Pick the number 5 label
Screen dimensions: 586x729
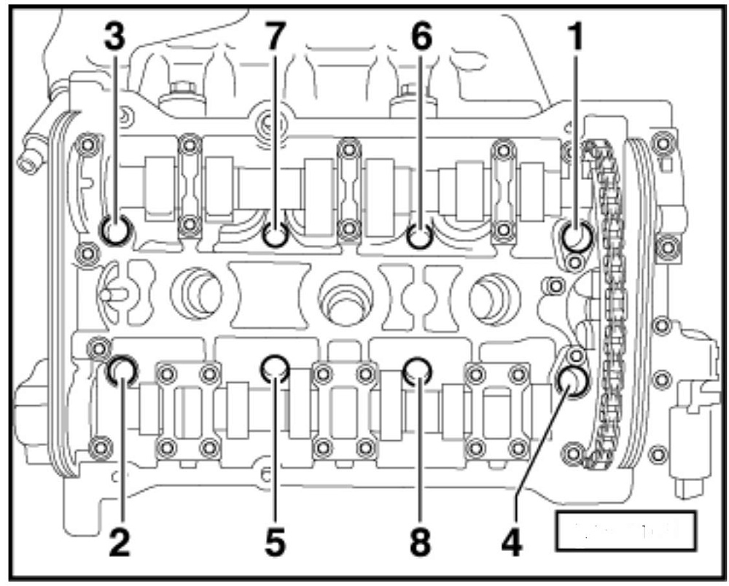point(276,542)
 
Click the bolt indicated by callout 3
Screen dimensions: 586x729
point(117,231)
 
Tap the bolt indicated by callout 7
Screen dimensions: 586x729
point(276,235)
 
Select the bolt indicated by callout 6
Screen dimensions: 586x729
point(419,235)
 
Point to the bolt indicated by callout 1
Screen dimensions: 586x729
point(577,235)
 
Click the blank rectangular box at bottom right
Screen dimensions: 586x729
point(625,530)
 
